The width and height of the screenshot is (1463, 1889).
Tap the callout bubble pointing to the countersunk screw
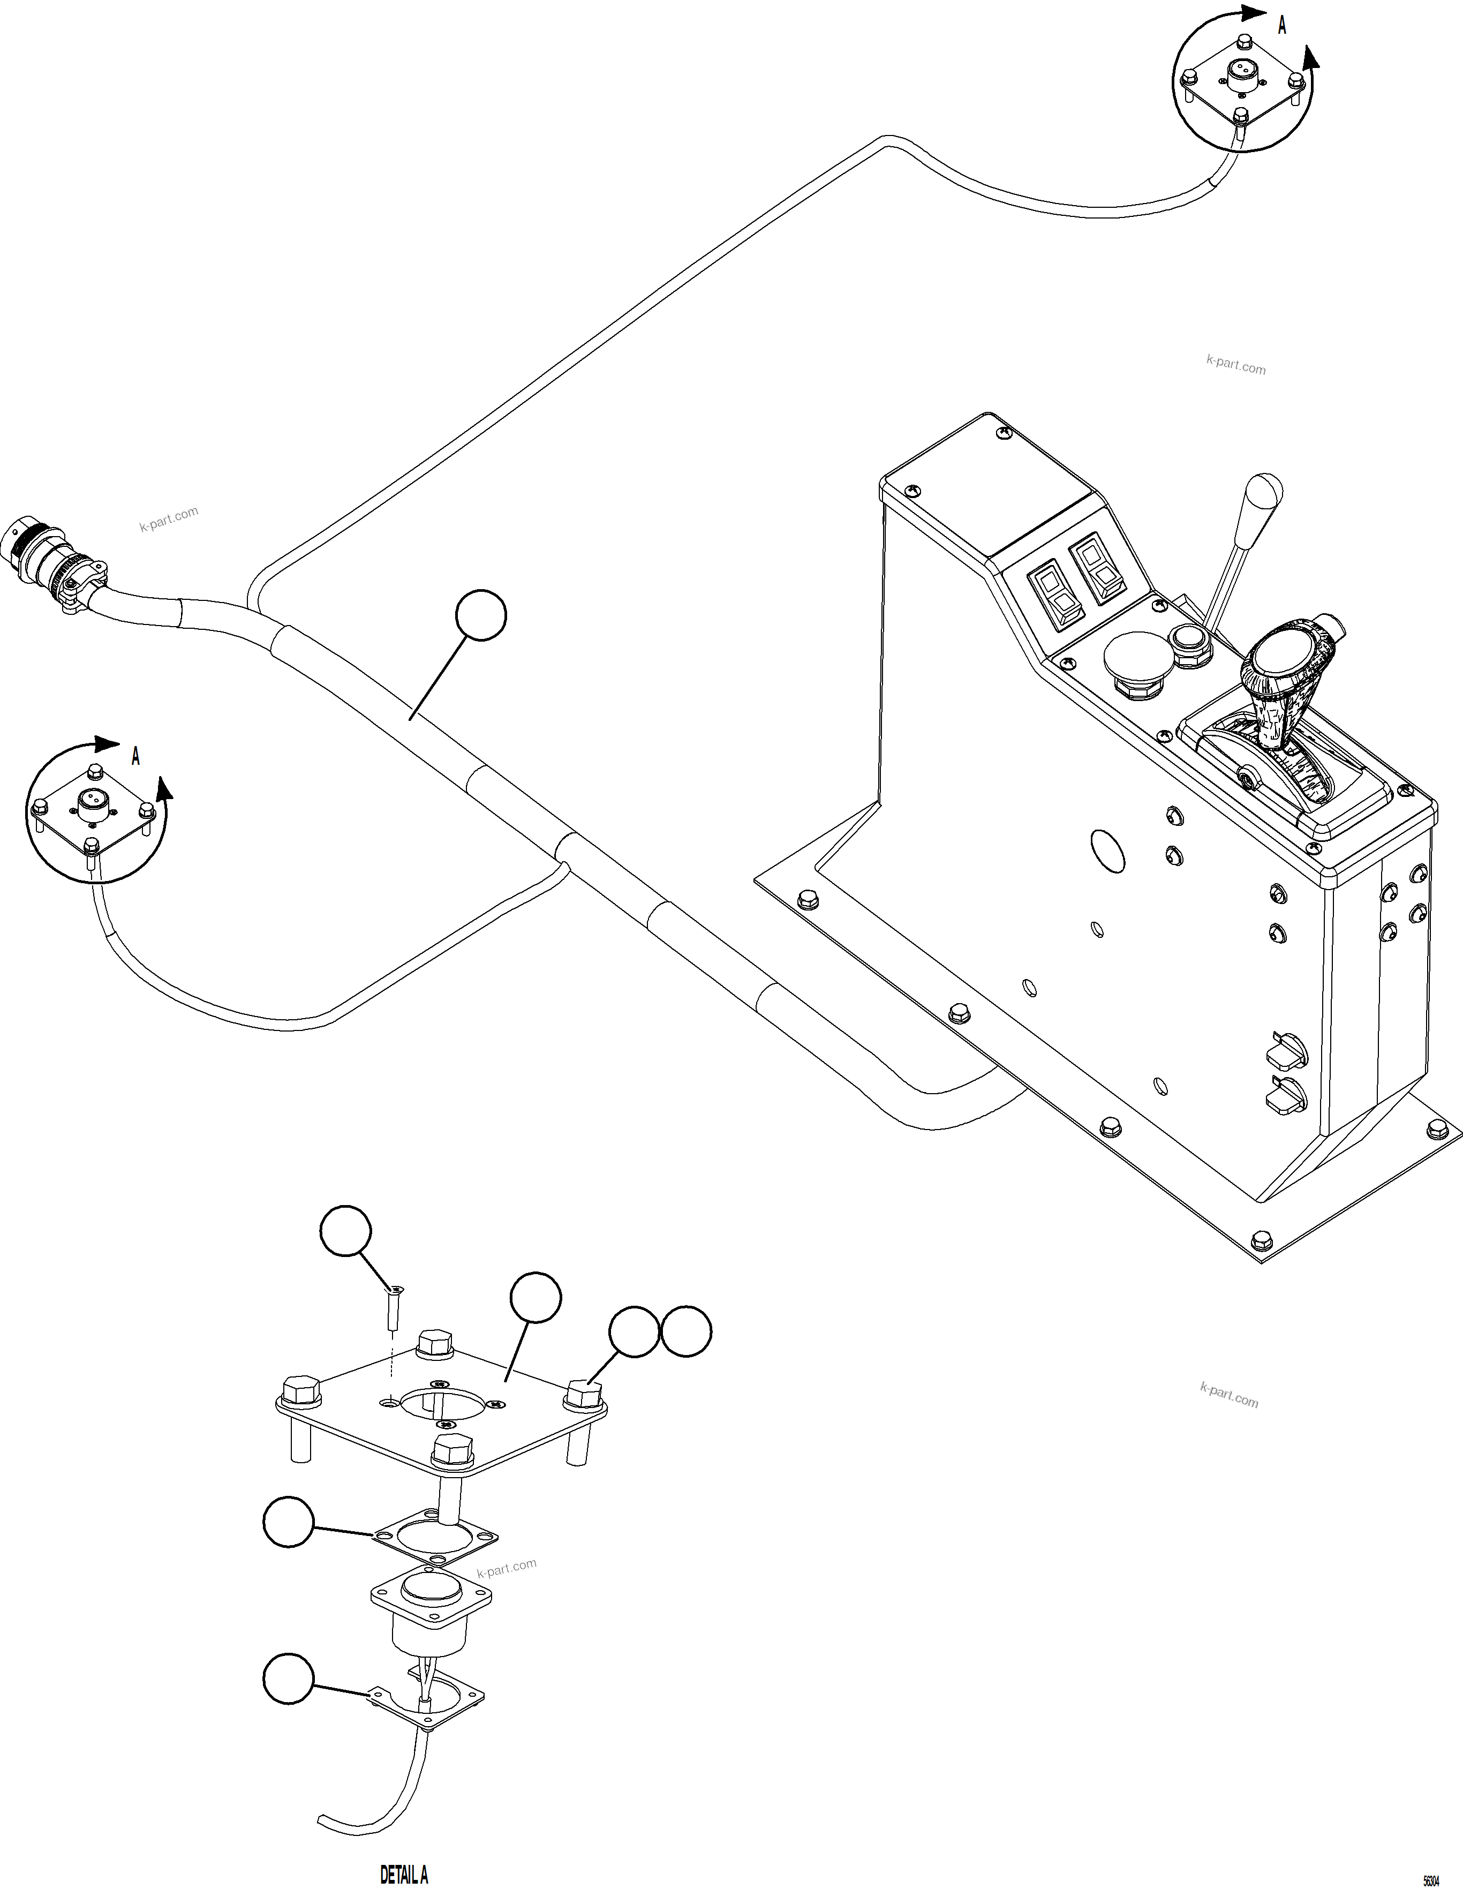coord(346,1231)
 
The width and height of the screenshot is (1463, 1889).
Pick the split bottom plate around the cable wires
coord(428,1692)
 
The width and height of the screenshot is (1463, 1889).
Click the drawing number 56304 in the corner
coord(1431,1879)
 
